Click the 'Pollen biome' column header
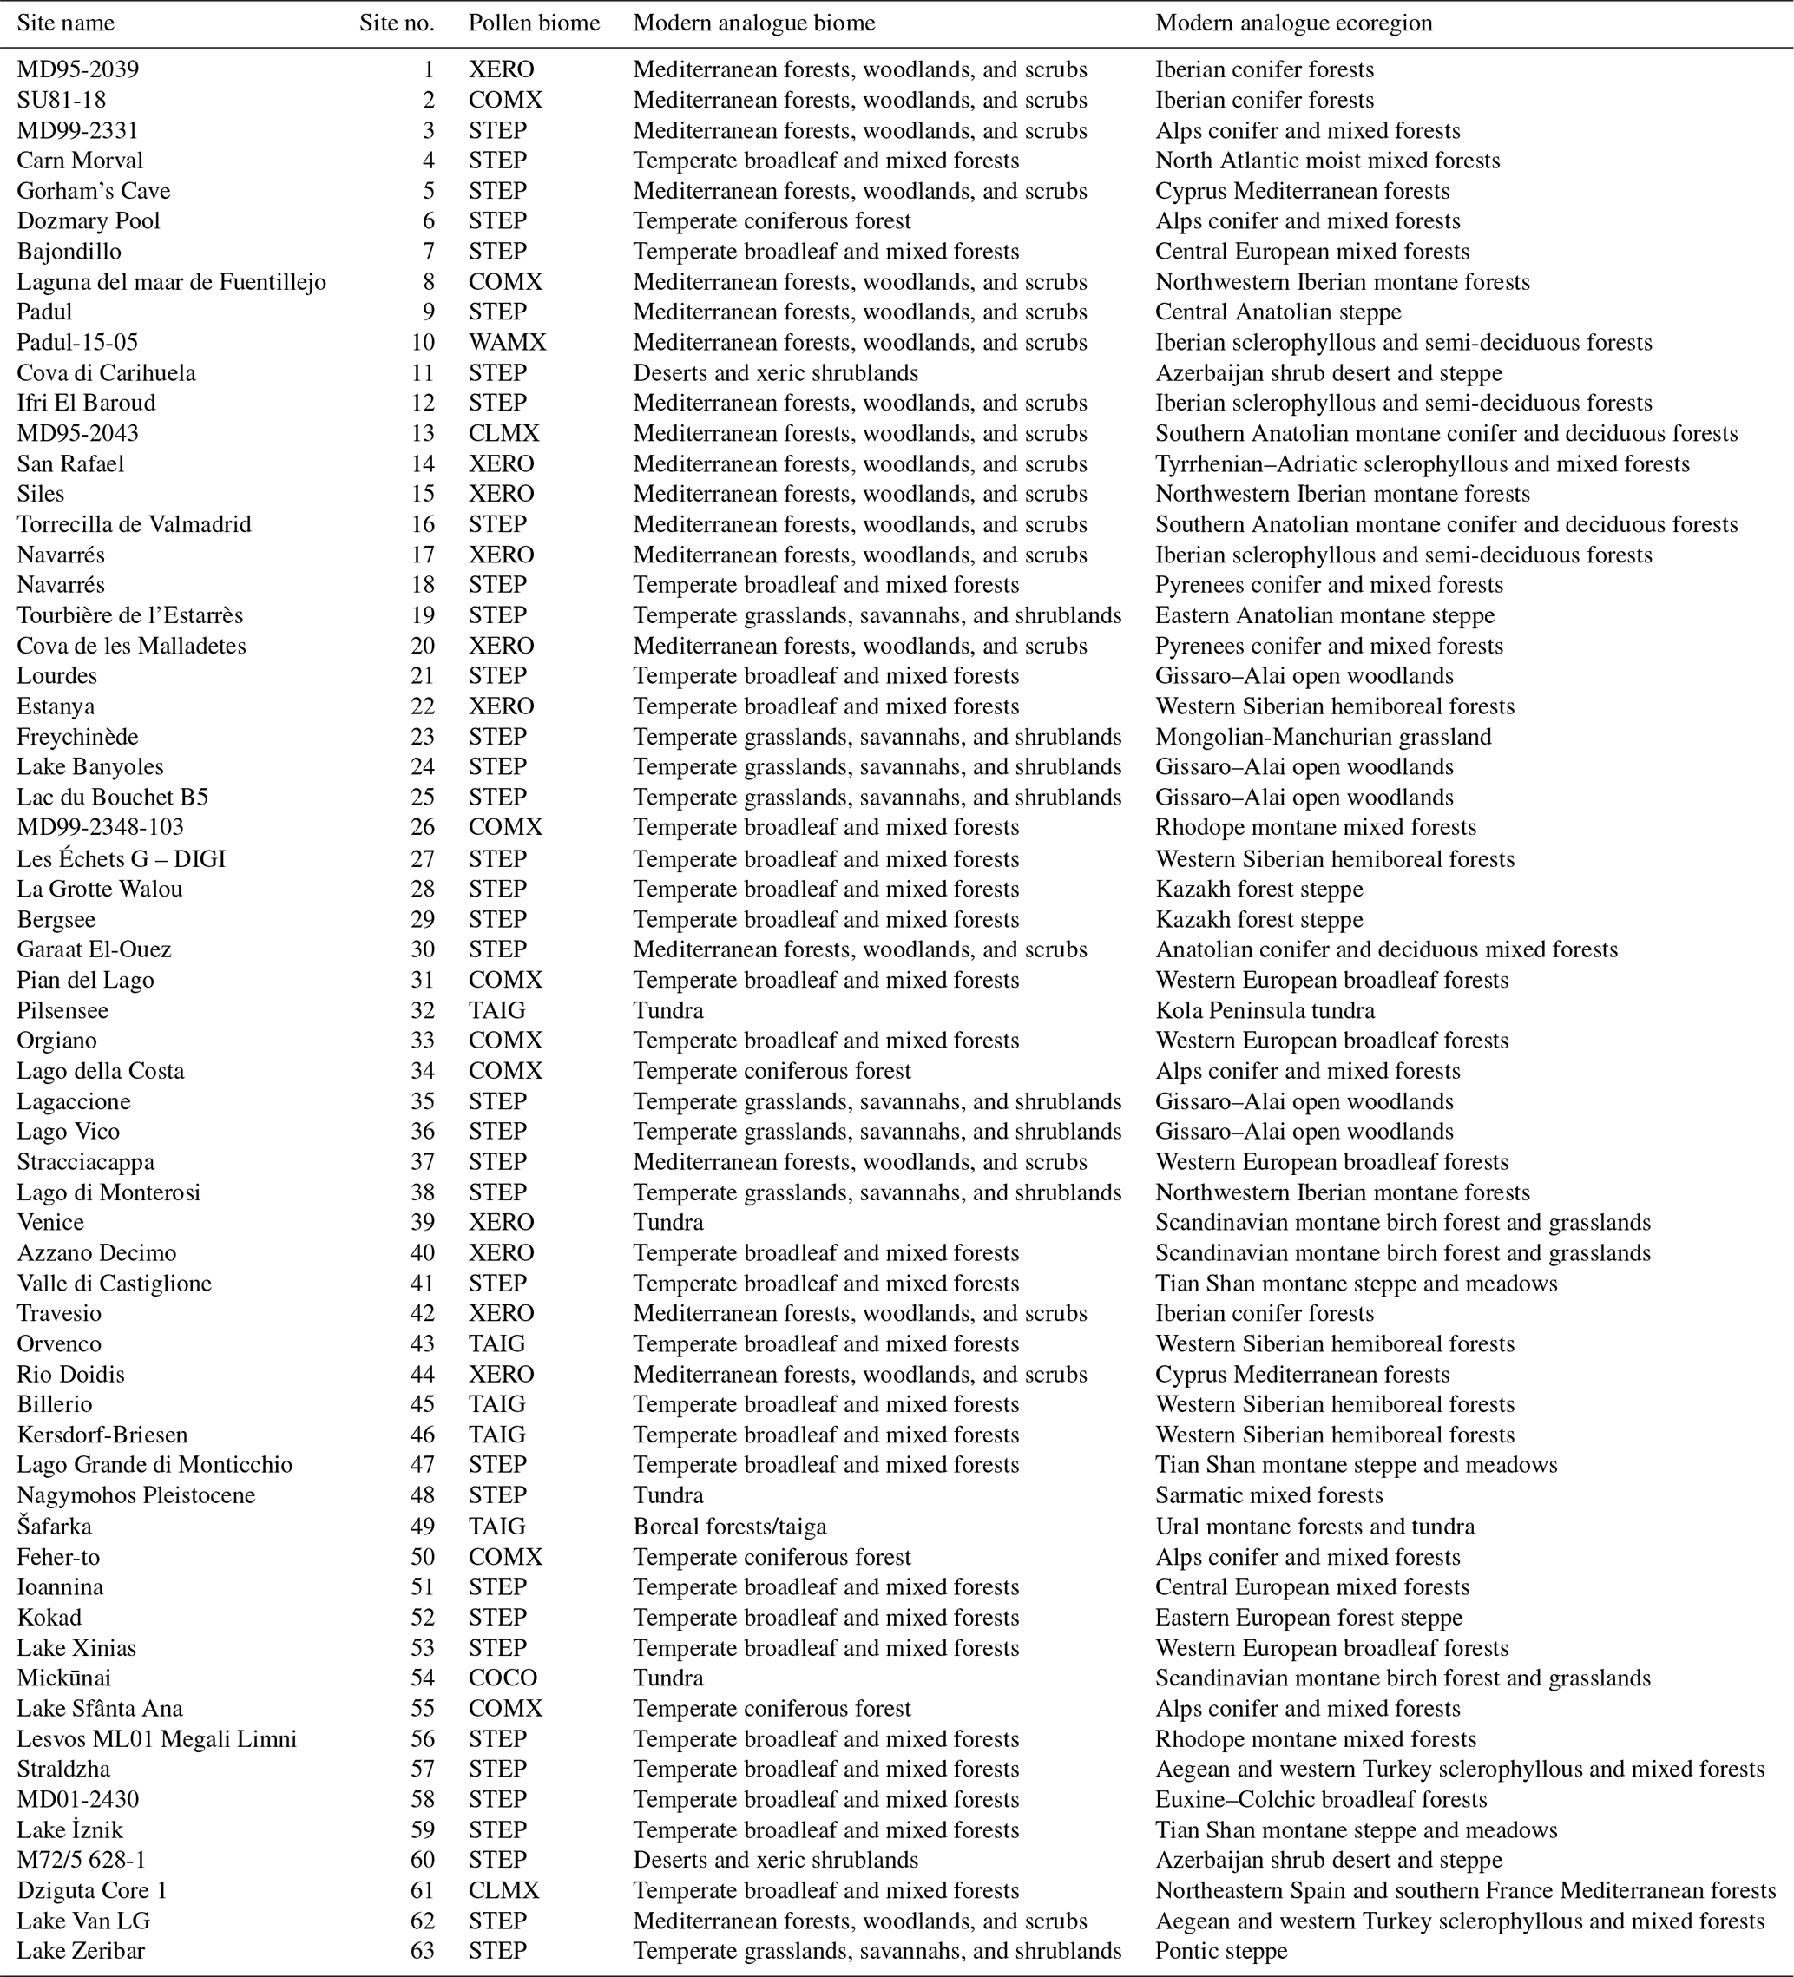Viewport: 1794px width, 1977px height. tap(534, 23)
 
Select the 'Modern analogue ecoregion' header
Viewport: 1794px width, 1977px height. tap(1293, 23)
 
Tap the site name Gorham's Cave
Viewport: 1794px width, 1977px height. tap(93, 191)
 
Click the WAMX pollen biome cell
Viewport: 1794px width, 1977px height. tap(507, 342)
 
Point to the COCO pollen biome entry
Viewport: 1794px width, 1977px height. tap(503, 1678)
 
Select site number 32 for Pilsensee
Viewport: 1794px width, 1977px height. tap(423, 1010)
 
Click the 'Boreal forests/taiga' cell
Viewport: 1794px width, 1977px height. tap(729, 1527)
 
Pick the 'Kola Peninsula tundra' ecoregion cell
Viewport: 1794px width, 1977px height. tap(1265, 1010)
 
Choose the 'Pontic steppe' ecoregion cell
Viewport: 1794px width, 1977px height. tap(1220, 1950)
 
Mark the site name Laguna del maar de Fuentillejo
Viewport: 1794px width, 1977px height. tap(171, 282)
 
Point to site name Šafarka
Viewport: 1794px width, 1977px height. tap(54, 1527)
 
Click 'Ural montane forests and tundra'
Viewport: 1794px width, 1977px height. tap(1314, 1527)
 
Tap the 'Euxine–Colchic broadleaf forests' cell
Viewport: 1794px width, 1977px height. tap(1320, 1799)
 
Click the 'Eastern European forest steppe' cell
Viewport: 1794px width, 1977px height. tap(1309, 1617)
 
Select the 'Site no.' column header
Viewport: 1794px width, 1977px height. tap(397, 23)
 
